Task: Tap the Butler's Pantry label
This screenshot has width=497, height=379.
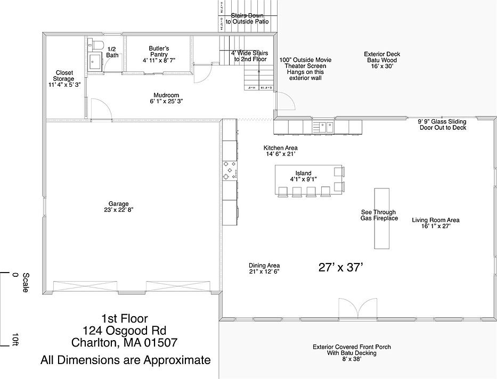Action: tap(159, 51)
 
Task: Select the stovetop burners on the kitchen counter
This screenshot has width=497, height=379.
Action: tap(228, 170)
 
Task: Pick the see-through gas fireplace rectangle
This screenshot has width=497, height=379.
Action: tap(381, 218)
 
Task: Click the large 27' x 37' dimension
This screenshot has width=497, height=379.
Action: tap(340, 267)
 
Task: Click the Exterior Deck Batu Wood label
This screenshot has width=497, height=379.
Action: tap(382, 57)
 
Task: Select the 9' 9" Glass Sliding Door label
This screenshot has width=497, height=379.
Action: tap(442, 124)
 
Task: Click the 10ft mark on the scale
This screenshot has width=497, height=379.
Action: tap(16, 339)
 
